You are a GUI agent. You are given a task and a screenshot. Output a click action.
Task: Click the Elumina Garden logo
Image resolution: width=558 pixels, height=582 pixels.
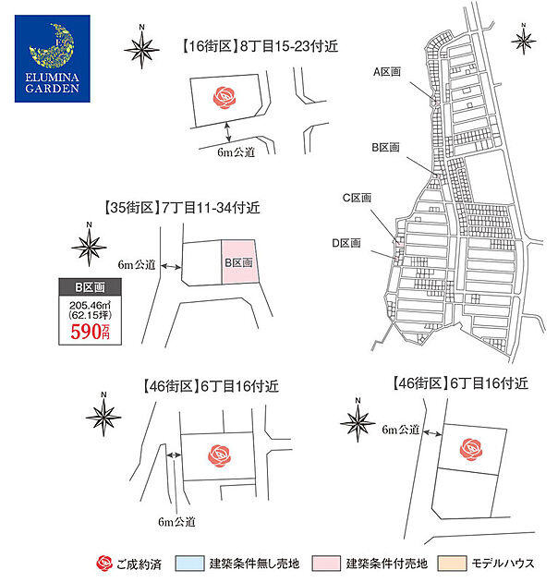coord(53,58)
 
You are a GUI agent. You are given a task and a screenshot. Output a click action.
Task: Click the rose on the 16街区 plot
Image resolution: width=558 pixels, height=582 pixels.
coord(224,97)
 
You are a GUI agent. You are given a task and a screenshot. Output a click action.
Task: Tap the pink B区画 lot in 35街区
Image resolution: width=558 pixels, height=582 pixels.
coord(239,262)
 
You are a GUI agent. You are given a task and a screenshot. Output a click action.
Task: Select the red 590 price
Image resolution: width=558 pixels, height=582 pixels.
coord(86,332)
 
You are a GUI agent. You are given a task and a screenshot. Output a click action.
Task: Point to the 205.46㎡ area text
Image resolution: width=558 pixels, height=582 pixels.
coord(90,306)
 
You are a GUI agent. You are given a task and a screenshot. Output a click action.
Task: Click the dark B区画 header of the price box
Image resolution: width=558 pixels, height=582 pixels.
coord(90,287)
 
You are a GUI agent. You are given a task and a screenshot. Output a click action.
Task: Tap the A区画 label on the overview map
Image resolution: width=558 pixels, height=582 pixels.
coord(387,72)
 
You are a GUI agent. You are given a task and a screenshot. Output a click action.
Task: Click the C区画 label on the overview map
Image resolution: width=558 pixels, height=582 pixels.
coord(357,198)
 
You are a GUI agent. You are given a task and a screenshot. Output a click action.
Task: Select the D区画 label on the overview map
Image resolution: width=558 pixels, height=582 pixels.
coord(346,243)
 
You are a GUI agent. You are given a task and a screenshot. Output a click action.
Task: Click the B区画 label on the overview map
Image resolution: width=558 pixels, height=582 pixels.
coord(386,148)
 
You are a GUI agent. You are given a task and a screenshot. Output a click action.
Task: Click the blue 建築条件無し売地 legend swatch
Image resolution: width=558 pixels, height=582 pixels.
coord(189,564)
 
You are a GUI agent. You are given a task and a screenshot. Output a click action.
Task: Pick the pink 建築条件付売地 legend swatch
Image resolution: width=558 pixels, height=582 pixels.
coord(326,564)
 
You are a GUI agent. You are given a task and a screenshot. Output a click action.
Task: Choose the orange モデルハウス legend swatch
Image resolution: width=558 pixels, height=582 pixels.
coord(452,564)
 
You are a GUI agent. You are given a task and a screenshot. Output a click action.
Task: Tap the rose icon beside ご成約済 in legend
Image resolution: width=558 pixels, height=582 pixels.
coord(104,564)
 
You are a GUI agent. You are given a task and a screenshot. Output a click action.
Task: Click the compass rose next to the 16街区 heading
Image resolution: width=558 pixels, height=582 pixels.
coord(141,48)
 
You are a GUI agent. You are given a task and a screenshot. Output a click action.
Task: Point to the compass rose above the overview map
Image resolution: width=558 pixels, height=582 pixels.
coord(524,40)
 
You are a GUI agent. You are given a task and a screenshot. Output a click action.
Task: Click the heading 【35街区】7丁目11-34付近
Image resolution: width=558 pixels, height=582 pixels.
coord(182,208)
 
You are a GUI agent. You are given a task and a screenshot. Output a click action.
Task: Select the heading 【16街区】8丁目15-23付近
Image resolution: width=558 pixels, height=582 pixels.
coord(260,46)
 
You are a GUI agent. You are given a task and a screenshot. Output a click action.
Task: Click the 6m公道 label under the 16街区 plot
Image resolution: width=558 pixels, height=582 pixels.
coord(237,152)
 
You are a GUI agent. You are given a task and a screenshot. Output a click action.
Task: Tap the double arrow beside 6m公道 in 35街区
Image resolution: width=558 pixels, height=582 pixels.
coord(171,266)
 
